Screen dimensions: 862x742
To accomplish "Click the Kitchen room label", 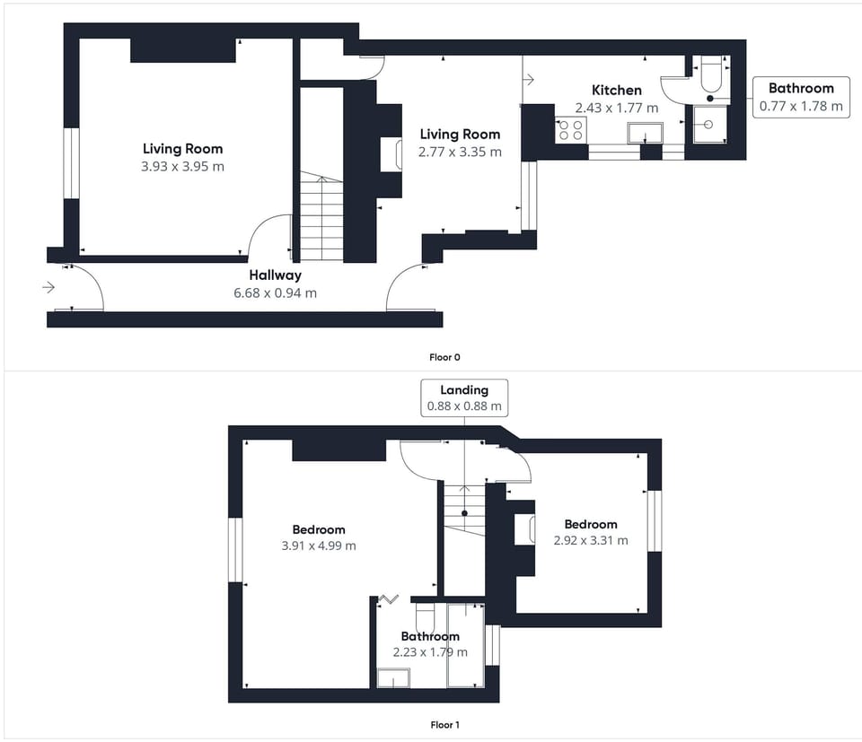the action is coord(616,90).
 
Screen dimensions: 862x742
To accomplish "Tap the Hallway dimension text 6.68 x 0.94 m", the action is coord(275,292).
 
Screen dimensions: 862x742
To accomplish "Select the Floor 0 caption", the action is coord(444,357).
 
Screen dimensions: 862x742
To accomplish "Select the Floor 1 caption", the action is coord(444,724).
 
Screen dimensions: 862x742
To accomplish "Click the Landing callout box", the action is coord(464,397).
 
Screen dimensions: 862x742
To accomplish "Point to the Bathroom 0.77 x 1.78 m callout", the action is coord(801,97).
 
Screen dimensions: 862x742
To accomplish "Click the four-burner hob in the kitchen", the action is coord(571,129).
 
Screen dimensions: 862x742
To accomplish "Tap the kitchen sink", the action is coord(645,133).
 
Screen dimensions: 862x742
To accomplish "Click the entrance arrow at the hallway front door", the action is coord(48,287).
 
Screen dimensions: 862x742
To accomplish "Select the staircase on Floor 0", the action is coord(321,216).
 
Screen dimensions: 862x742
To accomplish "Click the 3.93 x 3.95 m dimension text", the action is coord(182,166).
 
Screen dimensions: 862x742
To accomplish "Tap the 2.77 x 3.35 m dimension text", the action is coord(460,153).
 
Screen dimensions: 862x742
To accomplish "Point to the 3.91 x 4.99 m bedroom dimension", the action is coord(319,546).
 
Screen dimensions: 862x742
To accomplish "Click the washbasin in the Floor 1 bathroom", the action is coord(393,677).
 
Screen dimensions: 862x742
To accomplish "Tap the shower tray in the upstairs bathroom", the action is coord(466,645).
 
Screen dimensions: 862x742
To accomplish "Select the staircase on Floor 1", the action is coord(464,509).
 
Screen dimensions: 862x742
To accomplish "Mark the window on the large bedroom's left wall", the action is coord(235,550).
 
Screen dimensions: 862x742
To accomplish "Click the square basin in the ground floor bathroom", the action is coord(709,124).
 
